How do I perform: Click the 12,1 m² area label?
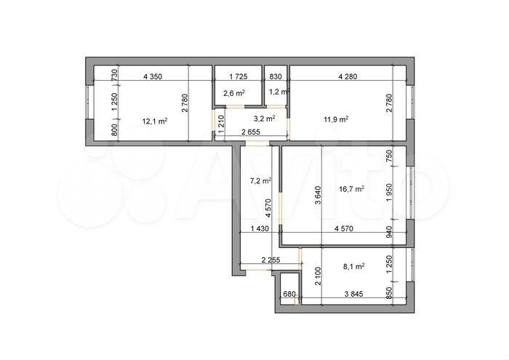point(155,121)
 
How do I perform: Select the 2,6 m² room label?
point(234,93)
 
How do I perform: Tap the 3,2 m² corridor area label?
point(265,119)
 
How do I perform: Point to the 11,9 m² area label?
point(336,119)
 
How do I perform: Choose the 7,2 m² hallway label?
point(261,181)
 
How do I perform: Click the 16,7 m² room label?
point(351,188)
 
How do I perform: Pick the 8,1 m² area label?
point(354,266)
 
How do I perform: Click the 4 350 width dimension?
point(153,76)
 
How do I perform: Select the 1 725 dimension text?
point(239,76)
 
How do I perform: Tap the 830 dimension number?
point(276,76)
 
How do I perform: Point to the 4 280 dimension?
point(348,76)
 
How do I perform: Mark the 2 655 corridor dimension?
point(251,132)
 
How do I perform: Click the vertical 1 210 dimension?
point(221,124)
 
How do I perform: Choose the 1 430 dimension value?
point(260,228)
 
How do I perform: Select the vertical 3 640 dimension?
point(318,195)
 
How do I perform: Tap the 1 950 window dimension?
point(389,193)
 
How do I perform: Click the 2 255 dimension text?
point(270,260)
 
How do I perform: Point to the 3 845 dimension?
point(353,294)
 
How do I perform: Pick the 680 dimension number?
point(289,294)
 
